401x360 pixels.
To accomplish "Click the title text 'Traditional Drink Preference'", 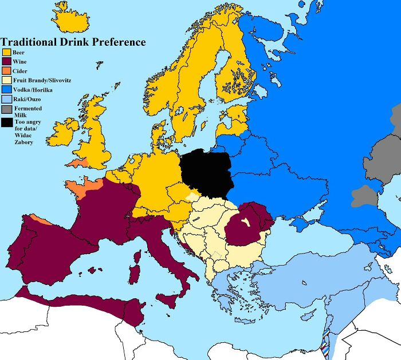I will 73,42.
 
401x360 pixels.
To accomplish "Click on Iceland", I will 73,18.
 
